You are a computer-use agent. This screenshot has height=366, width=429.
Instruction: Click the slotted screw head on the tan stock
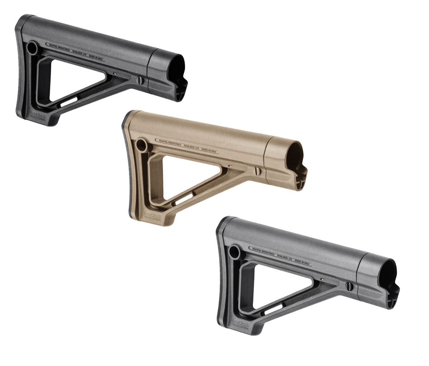coord(257,171)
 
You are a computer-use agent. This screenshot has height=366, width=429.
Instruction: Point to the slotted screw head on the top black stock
coord(140,79)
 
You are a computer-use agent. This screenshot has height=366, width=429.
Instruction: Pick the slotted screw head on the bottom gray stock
coord(349,285)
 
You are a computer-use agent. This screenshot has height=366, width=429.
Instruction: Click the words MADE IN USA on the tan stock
coord(209,150)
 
